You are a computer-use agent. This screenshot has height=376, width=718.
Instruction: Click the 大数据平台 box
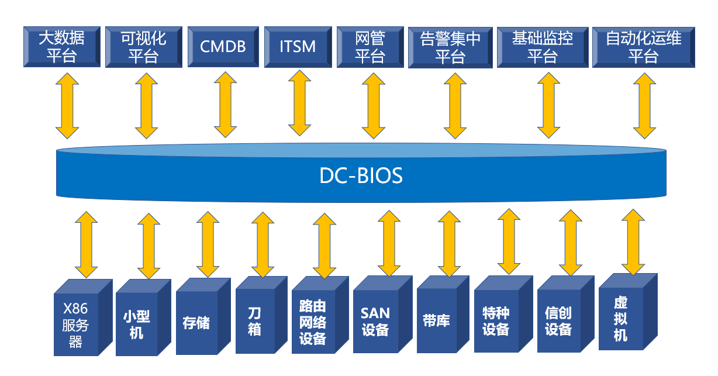pos(61,47)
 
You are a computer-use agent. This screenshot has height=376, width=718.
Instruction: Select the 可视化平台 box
pos(143,47)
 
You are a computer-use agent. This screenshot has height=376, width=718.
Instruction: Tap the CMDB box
pos(222,47)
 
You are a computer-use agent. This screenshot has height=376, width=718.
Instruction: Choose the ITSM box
pos(298,47)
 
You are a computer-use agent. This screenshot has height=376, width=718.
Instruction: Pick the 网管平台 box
pos(370,47)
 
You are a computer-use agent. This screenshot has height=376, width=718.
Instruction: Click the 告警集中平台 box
pos(450,47)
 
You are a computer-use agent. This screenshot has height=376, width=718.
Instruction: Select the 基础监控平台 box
pos(542,47)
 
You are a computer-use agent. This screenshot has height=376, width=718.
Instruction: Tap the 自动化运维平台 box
pos(643,47)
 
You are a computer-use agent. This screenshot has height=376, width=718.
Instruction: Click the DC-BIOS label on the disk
pos(361,176)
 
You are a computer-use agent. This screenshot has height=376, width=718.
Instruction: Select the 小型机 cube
pos(137,325)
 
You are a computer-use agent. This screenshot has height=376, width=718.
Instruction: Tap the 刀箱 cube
pos(254,321)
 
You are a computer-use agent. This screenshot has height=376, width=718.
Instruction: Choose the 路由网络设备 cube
pos(313,323)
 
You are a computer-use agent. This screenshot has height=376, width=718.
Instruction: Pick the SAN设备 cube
pos(375,322)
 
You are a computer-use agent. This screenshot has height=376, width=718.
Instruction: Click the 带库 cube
pos(436,321)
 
